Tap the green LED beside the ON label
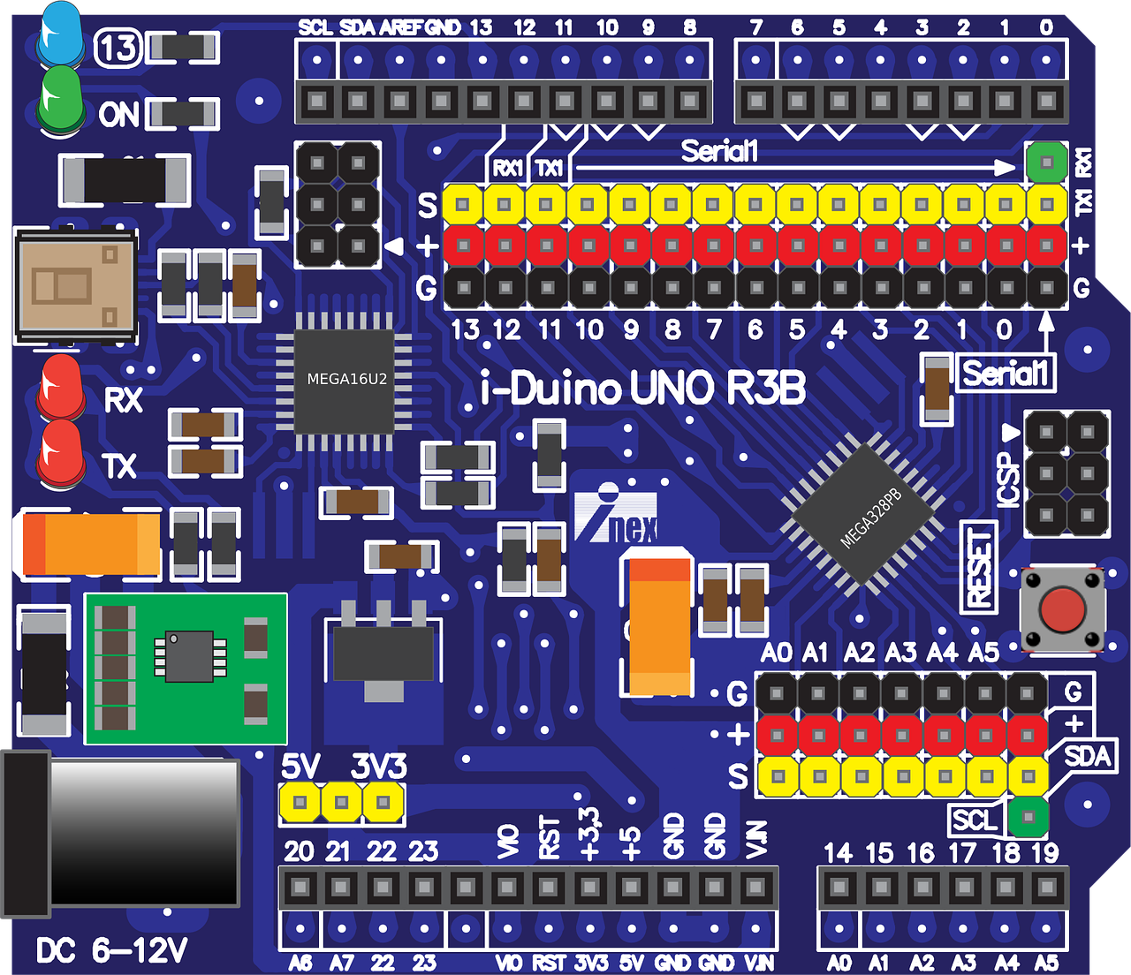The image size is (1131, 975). click(60, 102)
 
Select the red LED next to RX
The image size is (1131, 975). click(60, 387)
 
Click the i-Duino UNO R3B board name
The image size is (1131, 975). click(643, 389)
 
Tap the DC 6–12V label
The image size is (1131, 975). click(111, 951)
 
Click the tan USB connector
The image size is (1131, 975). click(75, 285)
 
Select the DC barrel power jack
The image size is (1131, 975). click(124, 830)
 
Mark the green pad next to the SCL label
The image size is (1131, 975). click(1027, 817)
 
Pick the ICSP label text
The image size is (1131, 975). click(1008, 480)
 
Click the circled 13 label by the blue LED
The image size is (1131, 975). click(118, 48)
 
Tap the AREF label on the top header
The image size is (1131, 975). click(400, 27)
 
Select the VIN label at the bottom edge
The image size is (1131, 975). click(758, 963)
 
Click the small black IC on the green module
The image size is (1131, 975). click(187, 656)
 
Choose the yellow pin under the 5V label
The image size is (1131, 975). click(300, 803)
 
